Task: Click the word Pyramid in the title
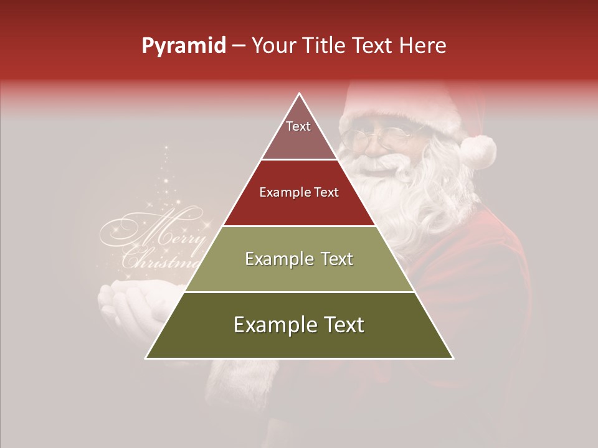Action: pyautogui.click(x=183, y=46)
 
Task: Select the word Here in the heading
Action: pyautogui.click(x=423, y=46)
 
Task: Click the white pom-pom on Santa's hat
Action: pyautogui.click(x=478, y=151)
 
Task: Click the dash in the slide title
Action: pyautogui.click(x=238, y=46)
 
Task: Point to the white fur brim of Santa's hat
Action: pyautogui.click(x=399, y=112)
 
